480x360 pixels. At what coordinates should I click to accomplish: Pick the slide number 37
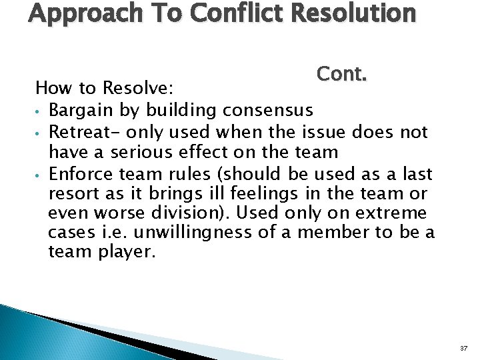[463, 349]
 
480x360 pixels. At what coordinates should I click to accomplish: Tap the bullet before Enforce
[40, 175]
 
